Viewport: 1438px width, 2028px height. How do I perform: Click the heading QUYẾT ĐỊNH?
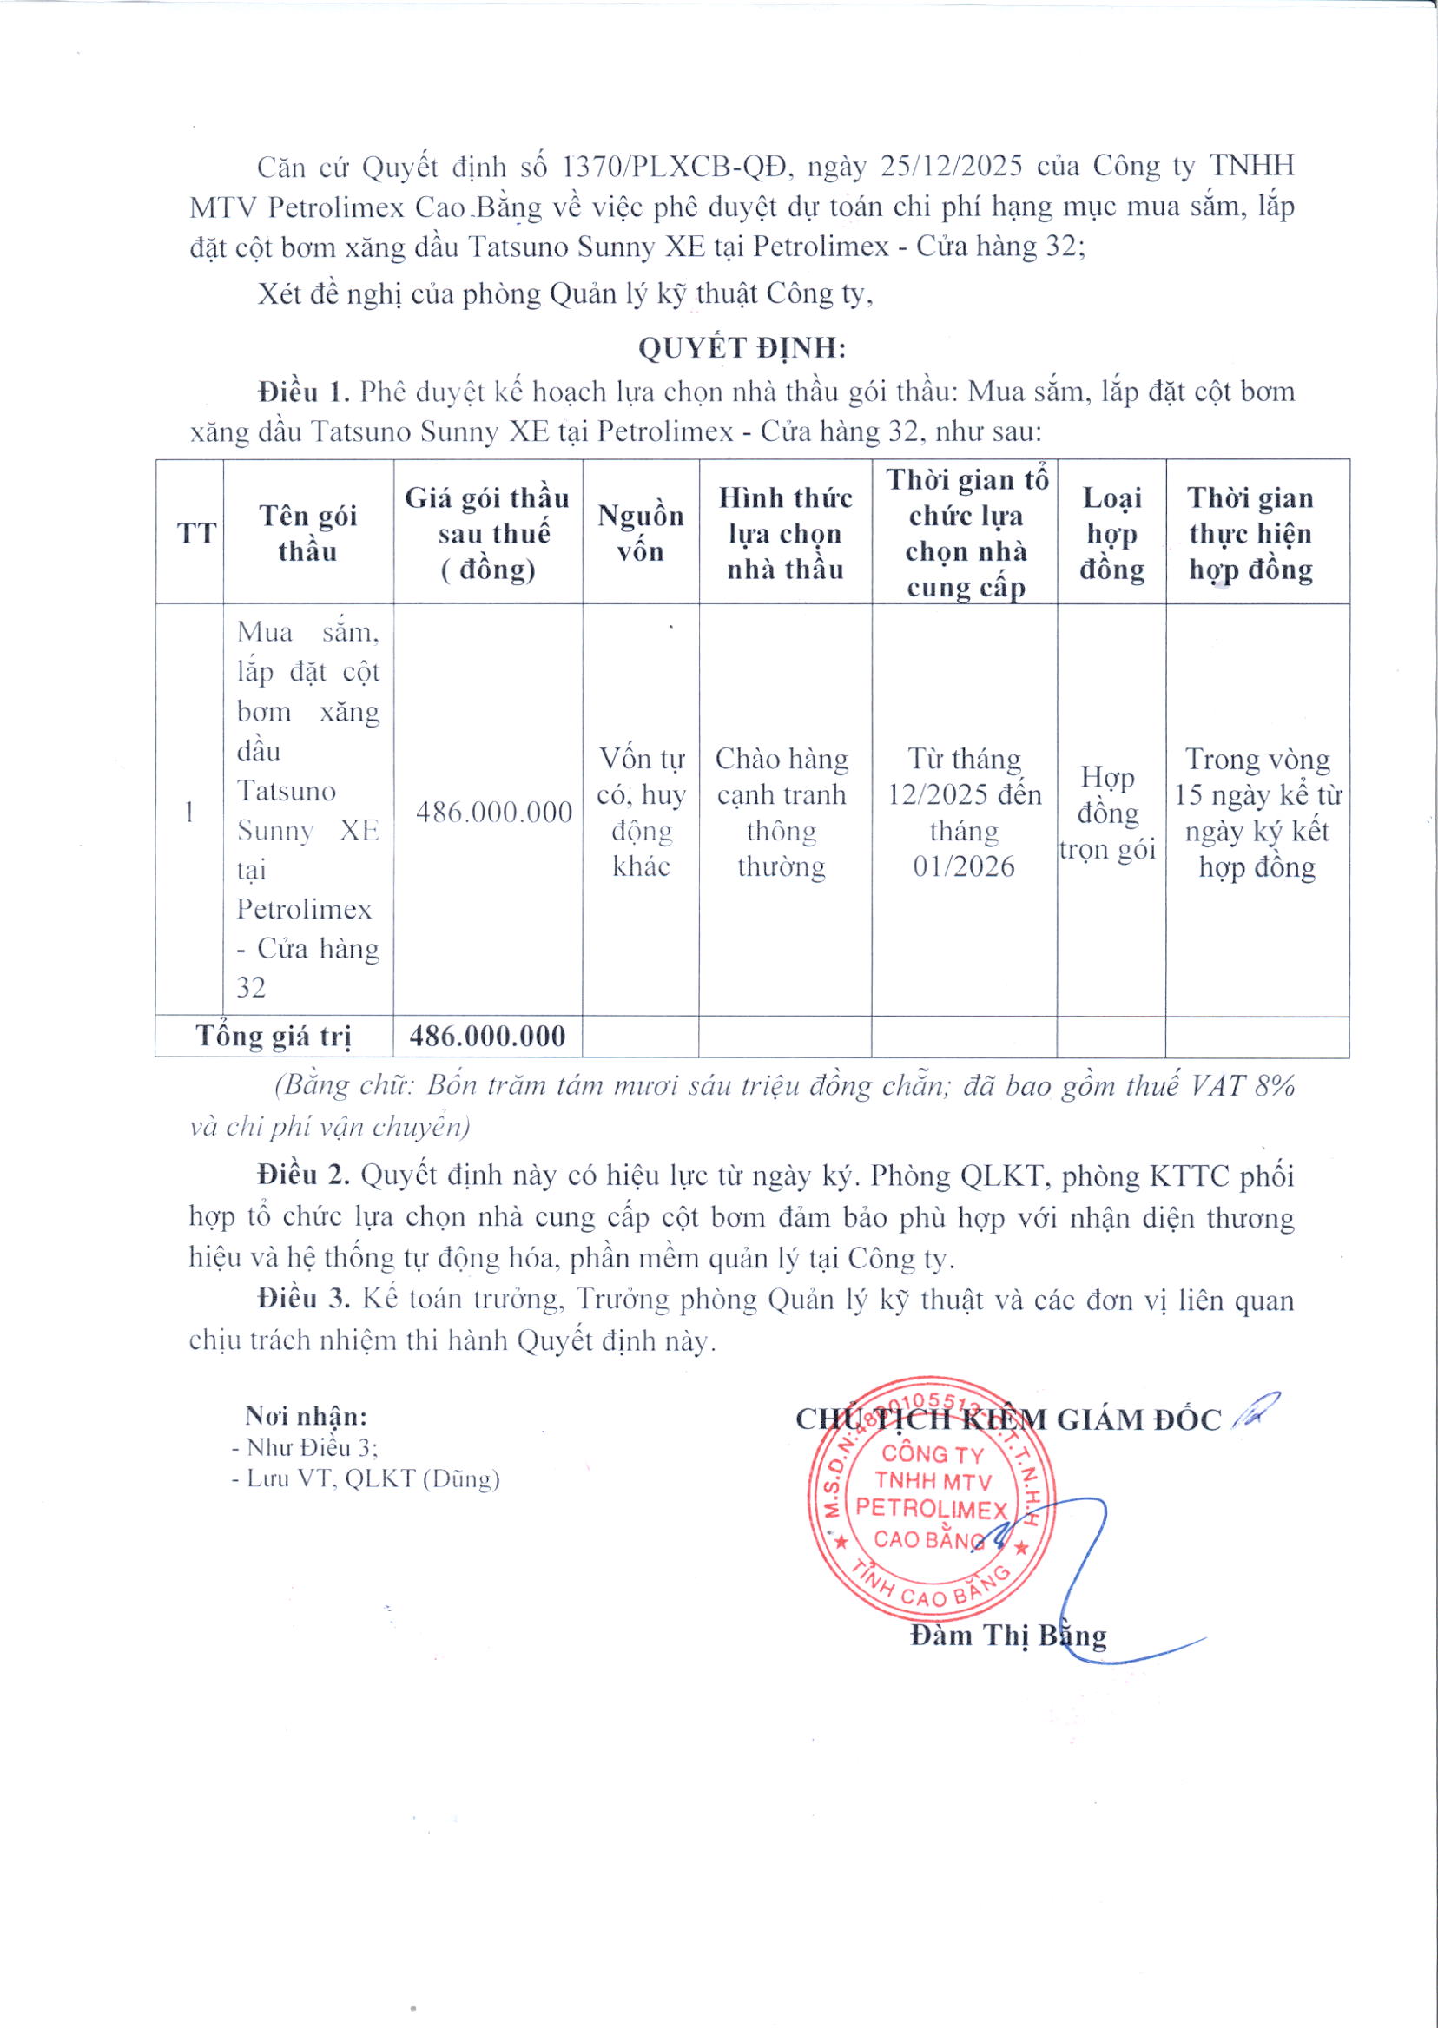point(742,348)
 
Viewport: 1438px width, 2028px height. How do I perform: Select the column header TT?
point(196,533)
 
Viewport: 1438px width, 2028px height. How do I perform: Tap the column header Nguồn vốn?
point(640,533)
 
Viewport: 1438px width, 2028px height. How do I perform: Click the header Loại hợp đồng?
point(1111,533)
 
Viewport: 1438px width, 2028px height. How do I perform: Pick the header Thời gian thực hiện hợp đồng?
point(1250,533)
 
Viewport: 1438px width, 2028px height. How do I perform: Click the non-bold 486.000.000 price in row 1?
point(494,812)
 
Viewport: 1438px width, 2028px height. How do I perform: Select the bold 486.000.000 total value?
point(488,1036)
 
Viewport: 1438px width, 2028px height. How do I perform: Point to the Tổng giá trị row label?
point(274,1037)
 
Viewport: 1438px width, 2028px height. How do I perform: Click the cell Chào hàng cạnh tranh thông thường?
point(781,812)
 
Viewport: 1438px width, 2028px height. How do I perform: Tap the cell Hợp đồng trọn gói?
point(1108,813)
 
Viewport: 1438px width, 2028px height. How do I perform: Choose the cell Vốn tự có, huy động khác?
point(641,812)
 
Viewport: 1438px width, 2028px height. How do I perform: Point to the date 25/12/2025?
point(953,166)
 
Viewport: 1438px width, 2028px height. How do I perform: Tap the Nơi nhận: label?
point(306,1416)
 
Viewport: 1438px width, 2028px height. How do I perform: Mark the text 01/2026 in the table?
point(963,866)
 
